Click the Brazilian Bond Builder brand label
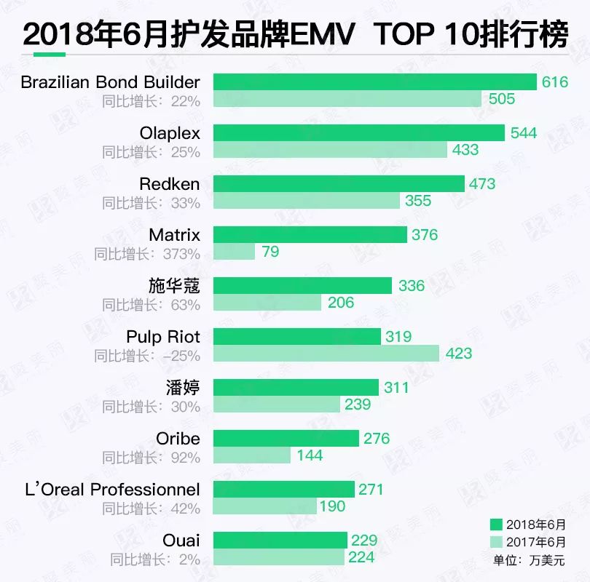[x=110, y=81]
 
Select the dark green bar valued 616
[x=374, y=82]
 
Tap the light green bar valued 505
[x=347, y=99]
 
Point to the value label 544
[x=524, y=133]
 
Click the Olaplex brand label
[x=170, y=133]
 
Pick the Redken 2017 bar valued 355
[x=306, y=201]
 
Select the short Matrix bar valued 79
[x=234, y=252]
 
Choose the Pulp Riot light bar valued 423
[x=326, y=354]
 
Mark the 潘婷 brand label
[x=183, y=388]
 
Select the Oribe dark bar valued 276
[x=286, y=439]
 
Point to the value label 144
[x=310, y=455]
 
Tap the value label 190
[x=332, y=506]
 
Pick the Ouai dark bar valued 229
[x=280, y=541]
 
